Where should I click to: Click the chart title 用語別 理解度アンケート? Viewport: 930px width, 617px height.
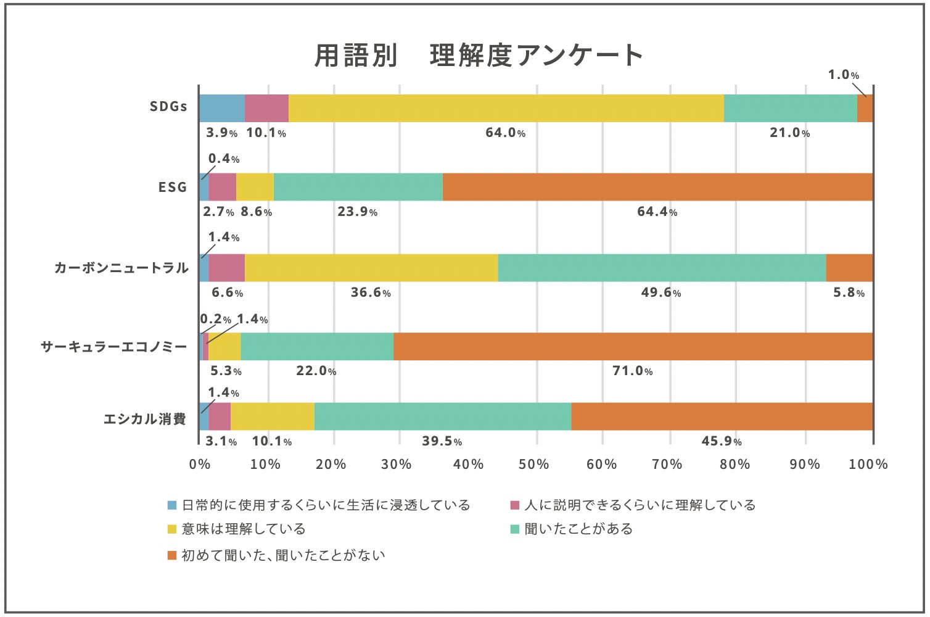[479, 56]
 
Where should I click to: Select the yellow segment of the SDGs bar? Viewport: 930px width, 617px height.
[506, 109]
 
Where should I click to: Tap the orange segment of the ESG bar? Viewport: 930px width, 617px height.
[657, 187]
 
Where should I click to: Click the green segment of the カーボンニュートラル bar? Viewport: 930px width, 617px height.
[662, 268]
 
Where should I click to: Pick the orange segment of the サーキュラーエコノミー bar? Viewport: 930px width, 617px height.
[633, 347]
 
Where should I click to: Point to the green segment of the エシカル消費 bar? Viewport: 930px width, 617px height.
[442, 416]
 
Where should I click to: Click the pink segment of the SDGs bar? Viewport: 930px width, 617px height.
[266, 109]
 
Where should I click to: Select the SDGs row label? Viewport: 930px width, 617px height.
[168, 107]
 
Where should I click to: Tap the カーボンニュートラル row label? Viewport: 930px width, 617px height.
[121, 268]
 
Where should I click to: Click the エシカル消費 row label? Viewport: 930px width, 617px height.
[144, 420]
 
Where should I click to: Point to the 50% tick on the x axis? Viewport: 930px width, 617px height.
[534, 465]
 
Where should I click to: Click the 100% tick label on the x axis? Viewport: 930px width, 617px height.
[868, 465]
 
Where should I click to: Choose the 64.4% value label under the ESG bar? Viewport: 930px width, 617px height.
[657, 212]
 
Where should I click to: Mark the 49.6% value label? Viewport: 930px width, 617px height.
[661, 292]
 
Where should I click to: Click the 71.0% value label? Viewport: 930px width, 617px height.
[633, 371]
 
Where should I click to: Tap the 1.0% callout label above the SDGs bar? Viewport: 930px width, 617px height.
[843, 75]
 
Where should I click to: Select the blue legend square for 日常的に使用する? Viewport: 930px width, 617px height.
[172, 505]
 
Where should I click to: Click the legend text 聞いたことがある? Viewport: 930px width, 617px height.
[578, 529]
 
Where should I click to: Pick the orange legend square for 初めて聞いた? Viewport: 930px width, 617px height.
[172, 555]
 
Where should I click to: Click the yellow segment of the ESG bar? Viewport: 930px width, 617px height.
[255, 187]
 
